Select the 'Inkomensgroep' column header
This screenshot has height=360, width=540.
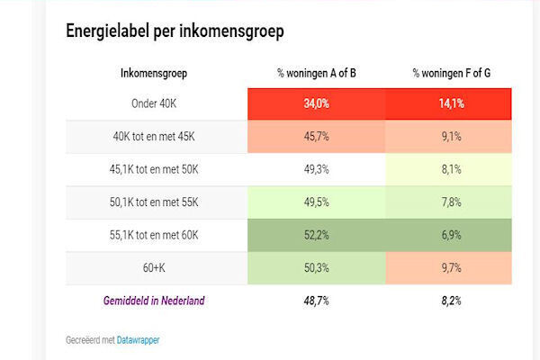(x=154, y=72)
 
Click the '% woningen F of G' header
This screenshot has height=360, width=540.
(x=451, y=72)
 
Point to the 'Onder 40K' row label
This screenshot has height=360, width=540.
(x=154, y=103)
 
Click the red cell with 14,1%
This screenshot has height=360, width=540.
(x=451, y=103)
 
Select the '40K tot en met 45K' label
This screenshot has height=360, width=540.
(x=154, y=137)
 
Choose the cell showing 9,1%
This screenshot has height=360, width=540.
(x=451, y=137)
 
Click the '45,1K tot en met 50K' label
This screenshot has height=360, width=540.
(x=154, y=169)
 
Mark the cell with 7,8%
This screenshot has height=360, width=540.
(x=451, y=202)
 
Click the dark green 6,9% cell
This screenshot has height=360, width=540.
(x=451, y=235)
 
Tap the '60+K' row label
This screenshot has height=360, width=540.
(x=154, y=268)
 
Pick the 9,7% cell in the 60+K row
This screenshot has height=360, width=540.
(x=451, y=268)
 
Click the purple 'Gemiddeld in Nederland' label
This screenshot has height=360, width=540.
(x=154, y=301)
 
